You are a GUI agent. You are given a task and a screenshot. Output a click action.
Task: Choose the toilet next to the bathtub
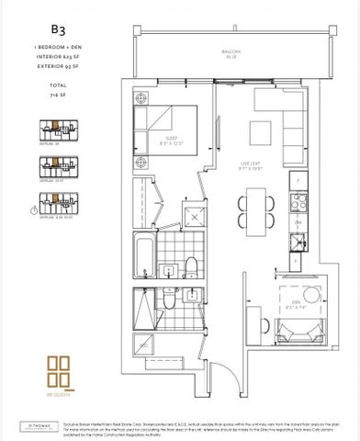pos(190,266)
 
